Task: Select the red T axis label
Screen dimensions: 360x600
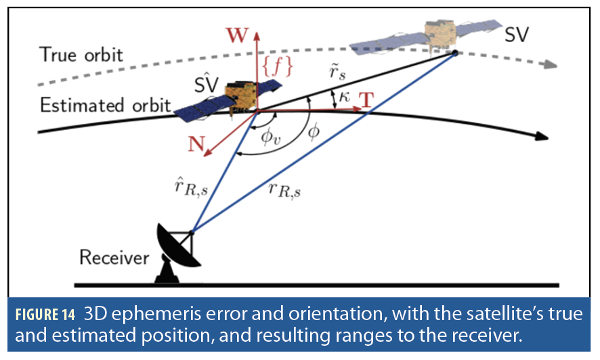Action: coord(366,99)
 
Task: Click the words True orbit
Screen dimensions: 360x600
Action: coord(82,53)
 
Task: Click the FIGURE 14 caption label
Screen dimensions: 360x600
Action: coord(48,315)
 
